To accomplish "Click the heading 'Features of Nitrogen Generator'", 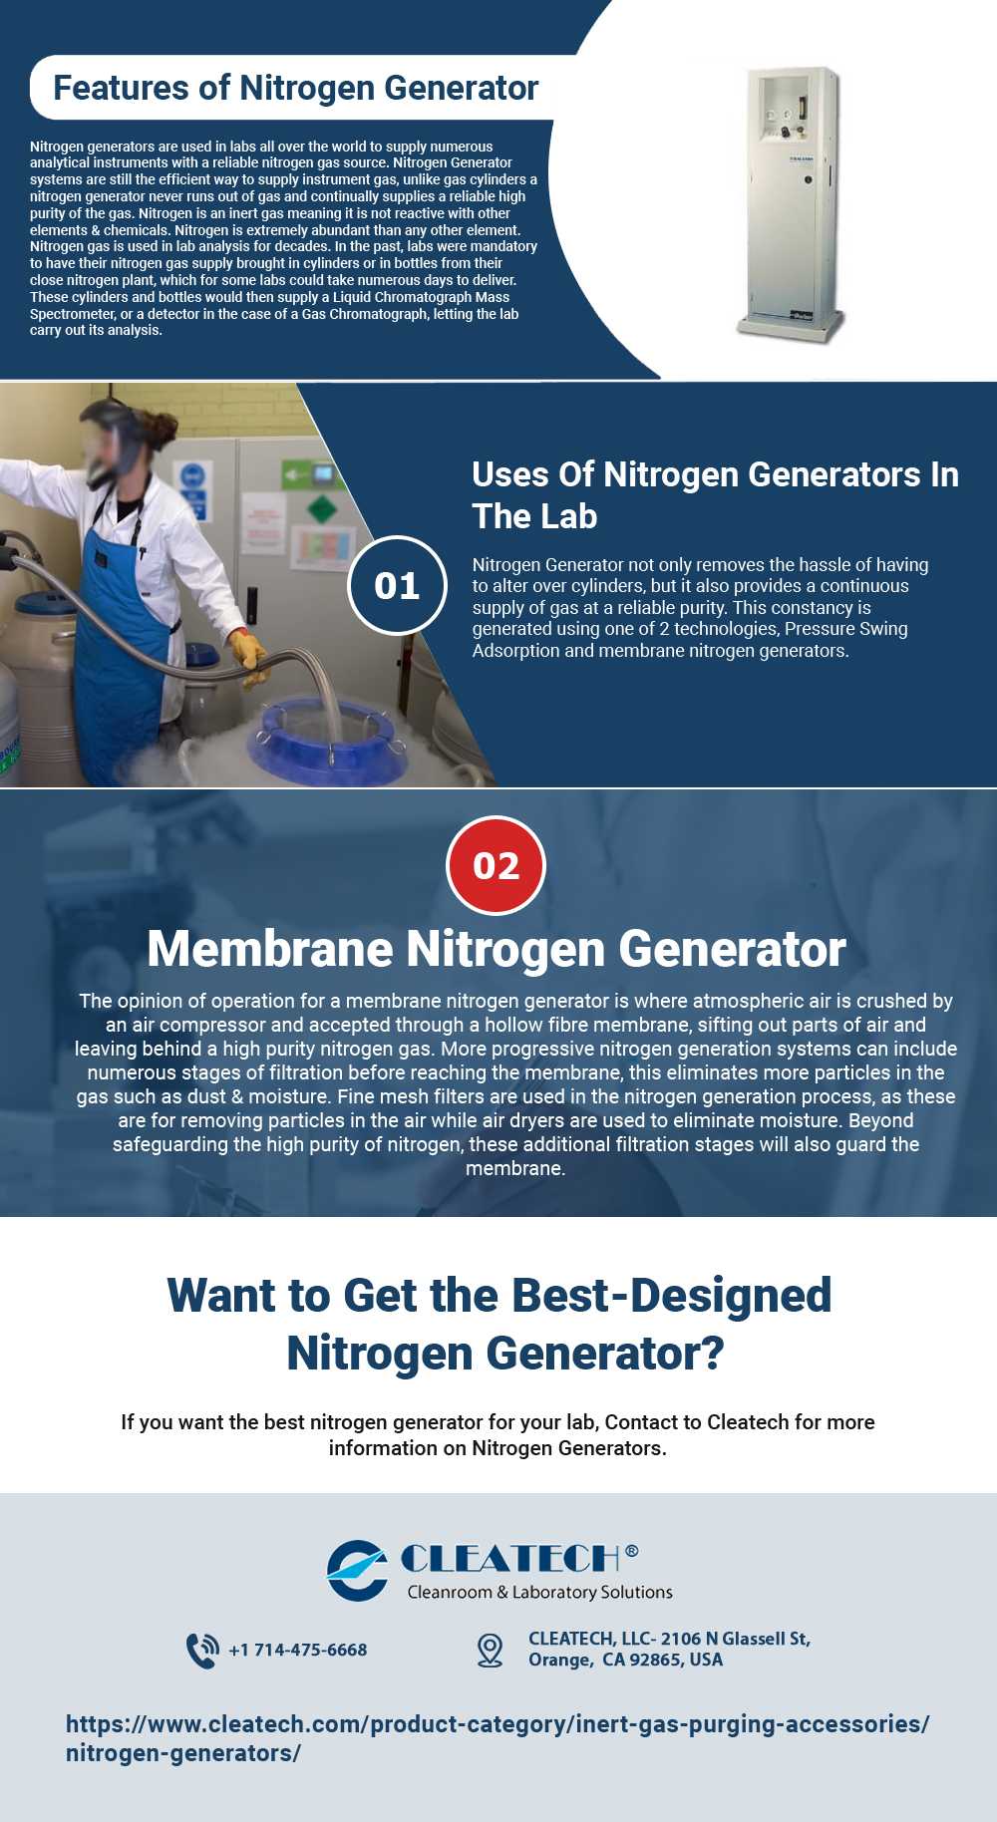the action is (x=295, y=88).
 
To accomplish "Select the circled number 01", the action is (x=397, y=585).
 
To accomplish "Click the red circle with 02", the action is (x=497, y=865).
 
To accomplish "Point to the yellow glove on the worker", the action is (x=248, y=655).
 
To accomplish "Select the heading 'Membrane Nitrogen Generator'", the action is (x=497, y=948).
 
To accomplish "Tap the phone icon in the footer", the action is (x=202, y=1650).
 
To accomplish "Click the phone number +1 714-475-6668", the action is (x=298, y=1650).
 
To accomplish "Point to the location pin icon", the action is (x=490, y=1650).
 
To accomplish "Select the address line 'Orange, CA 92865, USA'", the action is (x=625, y=1660).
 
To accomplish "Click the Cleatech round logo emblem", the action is (x=357, y=1570).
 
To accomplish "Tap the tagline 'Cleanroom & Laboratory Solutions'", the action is (x=539, y=1592).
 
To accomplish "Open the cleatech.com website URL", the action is (x=498, y=1738).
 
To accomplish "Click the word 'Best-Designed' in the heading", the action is (x=671, y=1296).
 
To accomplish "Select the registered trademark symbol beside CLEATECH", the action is (x=632, y=1550).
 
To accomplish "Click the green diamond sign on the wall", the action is (x=322, y=511).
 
